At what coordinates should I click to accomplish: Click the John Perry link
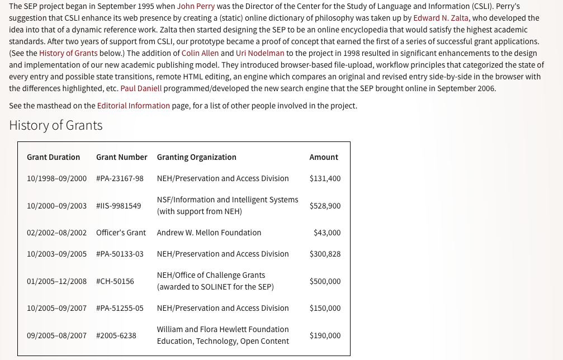tap(196, 7)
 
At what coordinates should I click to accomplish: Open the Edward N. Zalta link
tap(441, 18)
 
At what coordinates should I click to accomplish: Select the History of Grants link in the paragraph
tap(68, 53)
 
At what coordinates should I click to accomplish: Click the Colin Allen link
tap(200, 53)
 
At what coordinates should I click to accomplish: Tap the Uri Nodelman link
tap(260, 53)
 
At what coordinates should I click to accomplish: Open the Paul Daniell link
tap(141, 88)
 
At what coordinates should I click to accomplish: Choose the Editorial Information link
tap(133, 106)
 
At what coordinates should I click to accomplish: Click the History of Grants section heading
tap(56, 125)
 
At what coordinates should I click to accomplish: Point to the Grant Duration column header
tap(53, 157)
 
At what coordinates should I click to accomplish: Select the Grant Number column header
tap(121, 157)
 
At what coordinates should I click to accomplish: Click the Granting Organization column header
tap(196, 157)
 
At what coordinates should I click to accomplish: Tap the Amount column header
tap(324, 157)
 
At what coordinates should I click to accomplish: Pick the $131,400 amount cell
tap(325, 178)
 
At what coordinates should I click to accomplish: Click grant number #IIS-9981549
tap(119, 206)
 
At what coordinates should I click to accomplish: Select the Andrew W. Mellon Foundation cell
tap(209, 233)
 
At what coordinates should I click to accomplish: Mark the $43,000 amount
tap(327, 233)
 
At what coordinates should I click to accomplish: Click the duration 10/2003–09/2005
tap(56, 254)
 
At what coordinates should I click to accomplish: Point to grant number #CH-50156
tap(115, 281)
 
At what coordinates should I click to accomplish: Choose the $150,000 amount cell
tap(325, 308)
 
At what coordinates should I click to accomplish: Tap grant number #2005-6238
tap(116, 335)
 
